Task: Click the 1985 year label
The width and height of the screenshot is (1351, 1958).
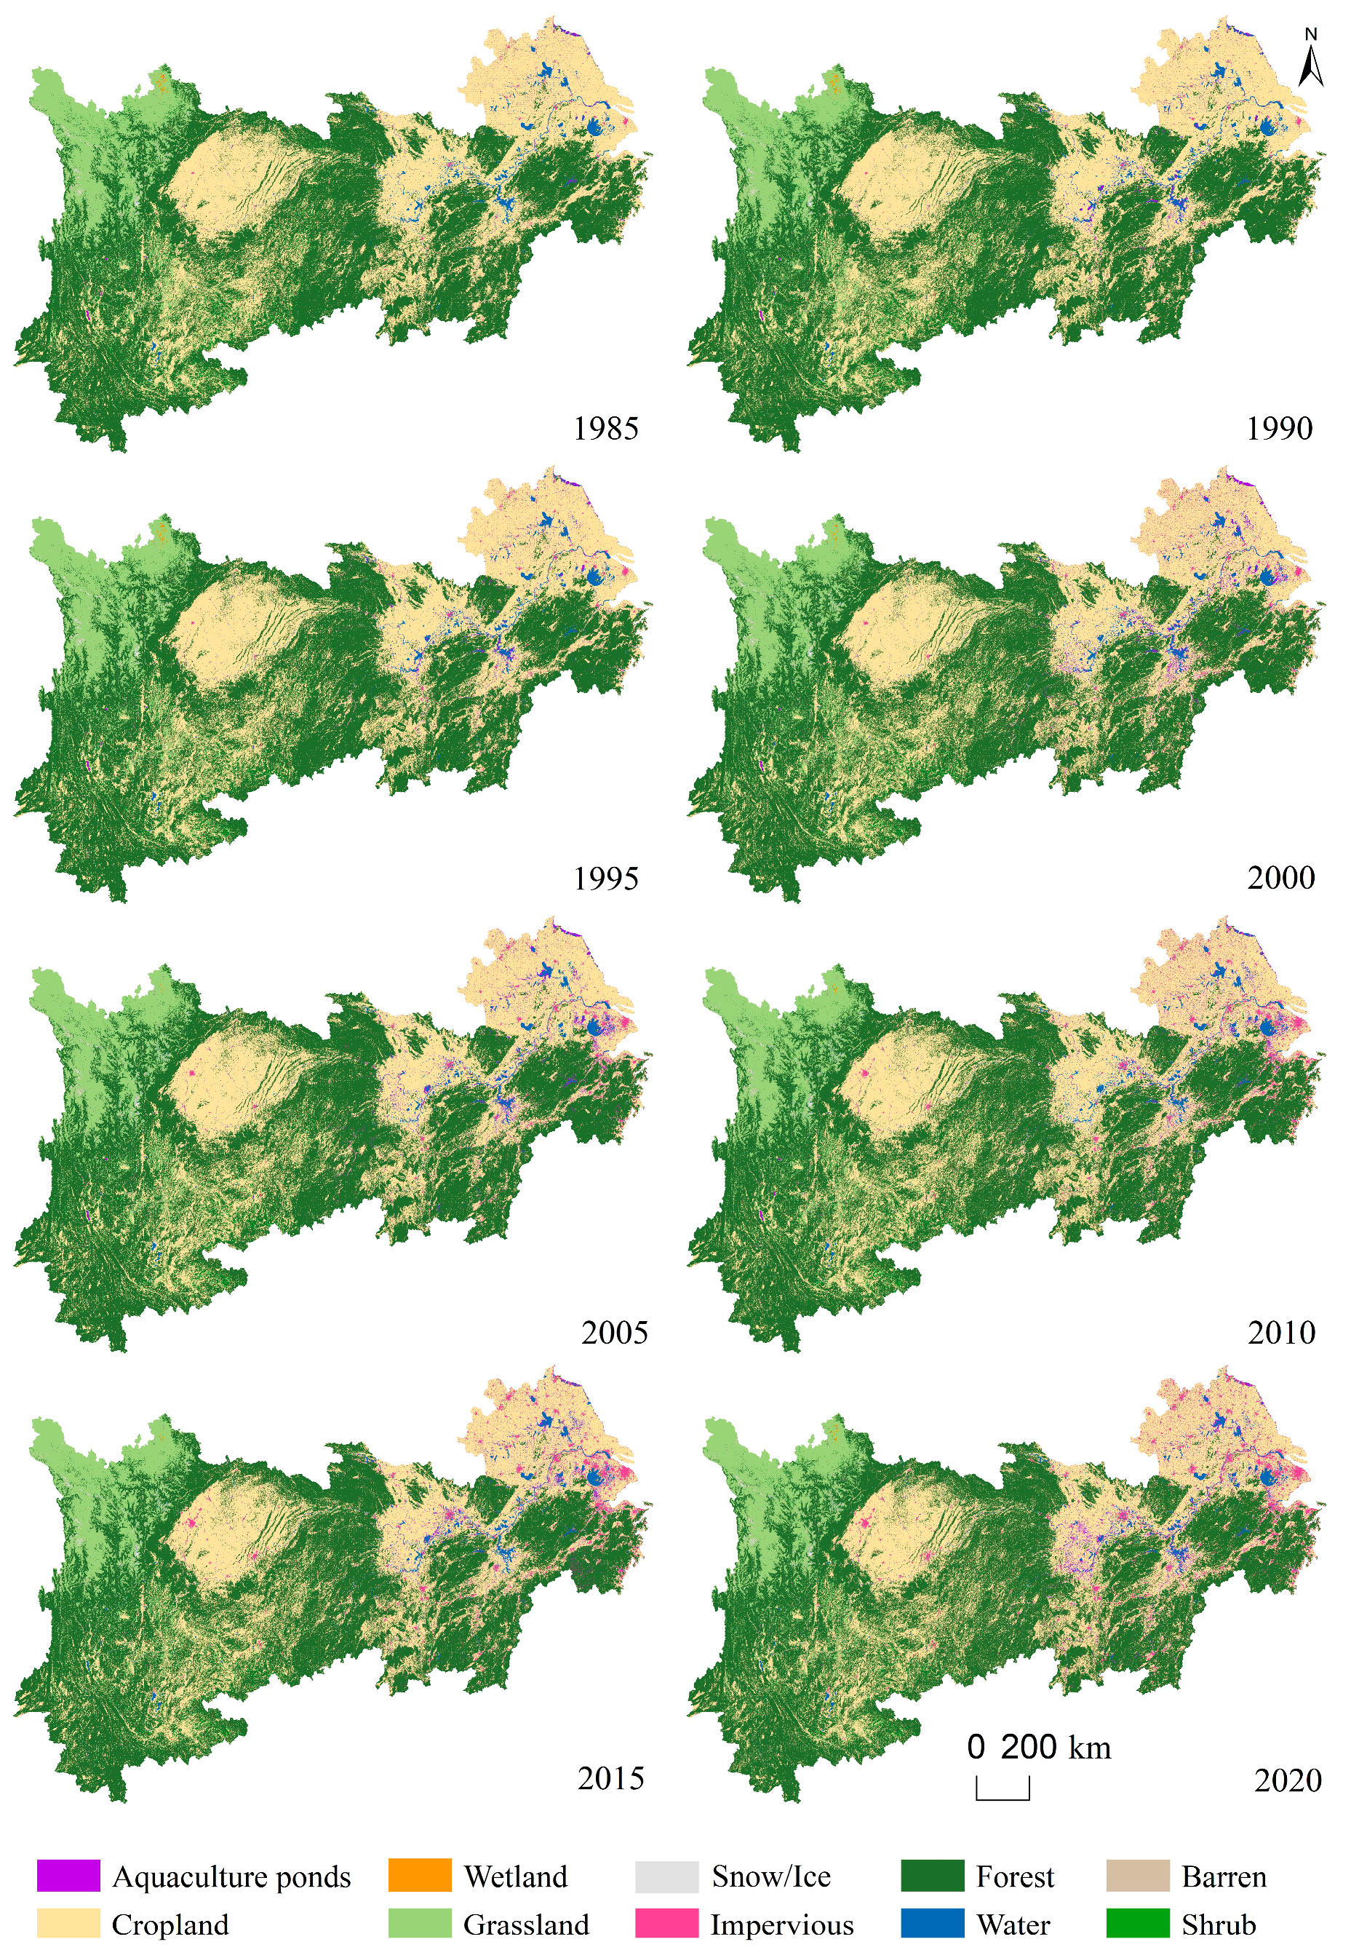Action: [x=605, y=429]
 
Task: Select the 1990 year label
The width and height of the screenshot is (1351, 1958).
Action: [x=1279, y=429]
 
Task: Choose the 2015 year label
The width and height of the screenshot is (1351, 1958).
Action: [x=610, y=1777]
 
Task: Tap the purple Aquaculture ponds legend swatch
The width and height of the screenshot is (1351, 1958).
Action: [x=68, y=1875]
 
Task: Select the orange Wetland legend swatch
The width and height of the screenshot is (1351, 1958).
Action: [x=420, y=1875]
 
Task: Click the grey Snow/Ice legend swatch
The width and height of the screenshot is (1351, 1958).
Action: [x=667, y=1875]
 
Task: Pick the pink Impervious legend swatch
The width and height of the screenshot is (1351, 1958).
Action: [x=667, y=1922]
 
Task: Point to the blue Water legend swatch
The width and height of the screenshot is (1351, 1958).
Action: [x=932, y=1922]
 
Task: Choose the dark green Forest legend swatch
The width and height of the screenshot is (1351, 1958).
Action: [x=932, y=1875]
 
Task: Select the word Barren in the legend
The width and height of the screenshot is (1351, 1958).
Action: [x=1224, y=1876]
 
